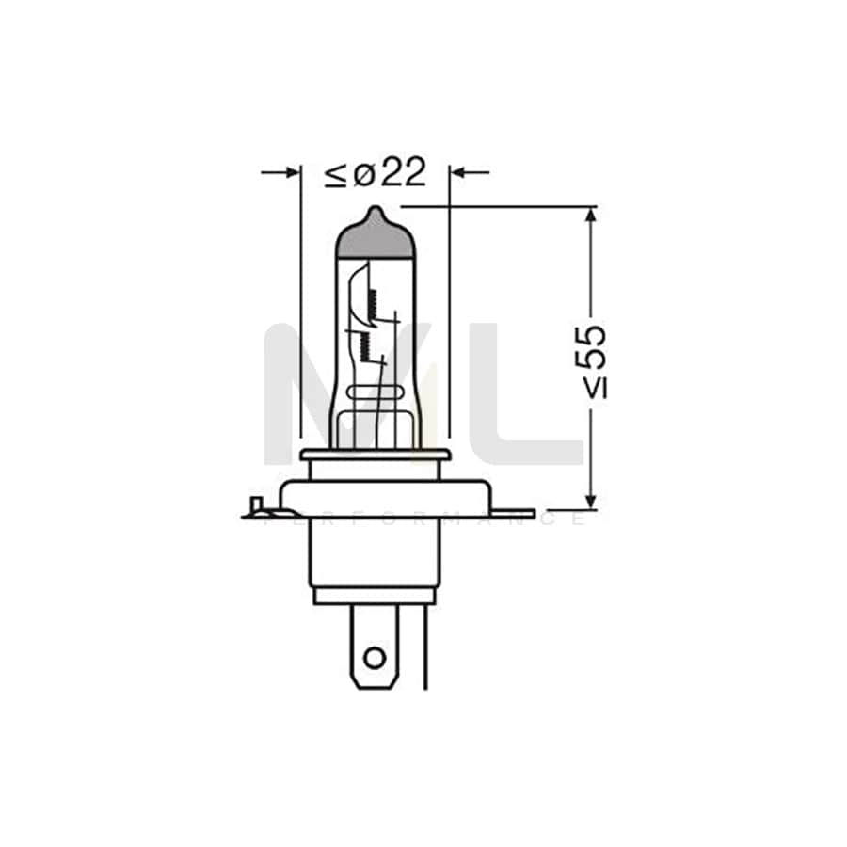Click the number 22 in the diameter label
[x=404, y=173]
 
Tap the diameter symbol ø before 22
[x=364, y=174]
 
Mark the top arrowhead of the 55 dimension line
[x=590, y=216]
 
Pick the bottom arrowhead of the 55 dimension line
[x=590, y=500]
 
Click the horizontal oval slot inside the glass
[x=375, y=392]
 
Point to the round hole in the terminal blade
[x=375, y=656]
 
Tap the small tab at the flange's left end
[x=255, y=509]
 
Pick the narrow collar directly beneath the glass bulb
[x=375, y=455]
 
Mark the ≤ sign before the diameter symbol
[x=336, y=174]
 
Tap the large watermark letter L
[x=541, y=395]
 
